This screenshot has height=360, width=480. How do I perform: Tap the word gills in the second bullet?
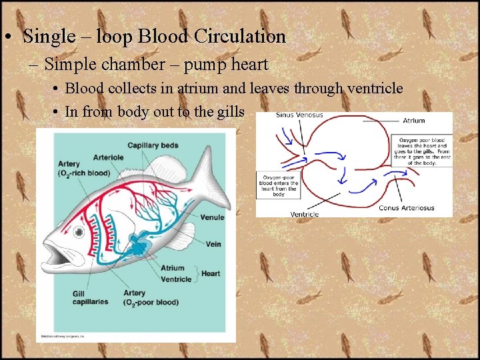pos(229,111)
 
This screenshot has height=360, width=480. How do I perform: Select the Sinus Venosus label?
pos(299,115)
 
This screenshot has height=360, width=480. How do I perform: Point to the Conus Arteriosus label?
pos(407,208)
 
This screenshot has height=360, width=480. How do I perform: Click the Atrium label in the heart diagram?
pos(413,121)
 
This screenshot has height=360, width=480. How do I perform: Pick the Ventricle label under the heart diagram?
pos(305,214)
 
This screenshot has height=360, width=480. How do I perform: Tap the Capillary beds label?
pos(152,145)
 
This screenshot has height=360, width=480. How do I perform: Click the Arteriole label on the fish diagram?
pos(108,157)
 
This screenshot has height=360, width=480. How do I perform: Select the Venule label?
pos(212,217)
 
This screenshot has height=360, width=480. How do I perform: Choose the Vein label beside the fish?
pos(213,244)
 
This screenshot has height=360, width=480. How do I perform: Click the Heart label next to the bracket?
pos(211,273)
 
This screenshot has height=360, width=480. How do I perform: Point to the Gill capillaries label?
pos(90,297)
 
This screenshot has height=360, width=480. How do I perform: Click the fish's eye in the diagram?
pos(79,233)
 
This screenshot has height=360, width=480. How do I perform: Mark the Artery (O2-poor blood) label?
pos(151,297)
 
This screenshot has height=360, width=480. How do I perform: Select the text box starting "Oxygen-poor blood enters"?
pos(279,185)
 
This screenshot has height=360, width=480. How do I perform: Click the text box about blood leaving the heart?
pos(424,151)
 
